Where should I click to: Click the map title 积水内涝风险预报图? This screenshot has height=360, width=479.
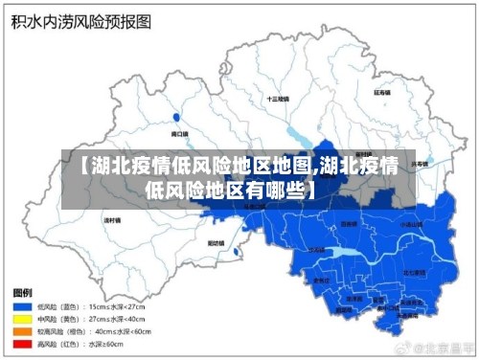pyautogui.click(x=73, y=22)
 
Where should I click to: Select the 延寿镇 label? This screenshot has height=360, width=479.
pyautogui.click(x=382, y=94)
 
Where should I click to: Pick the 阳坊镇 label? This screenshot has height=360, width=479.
pyautogui.click(x=217, y=243)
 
